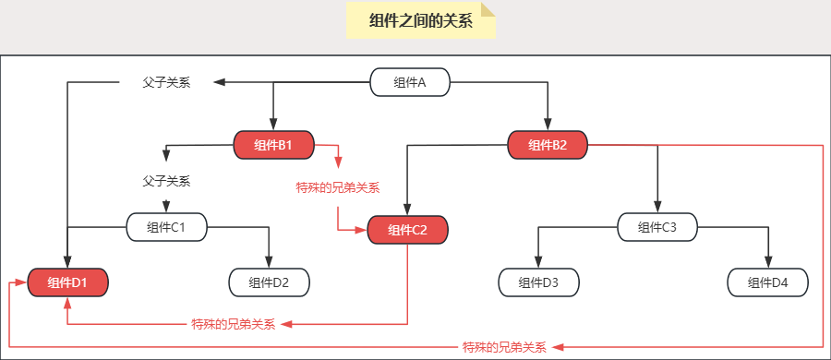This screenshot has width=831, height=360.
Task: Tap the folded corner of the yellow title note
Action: click(x=488, y=9)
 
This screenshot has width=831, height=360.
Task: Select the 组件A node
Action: click(x=410, y=83)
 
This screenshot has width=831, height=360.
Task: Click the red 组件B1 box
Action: click(x=273, y=145)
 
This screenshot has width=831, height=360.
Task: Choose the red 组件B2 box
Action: click(x=548, y=145)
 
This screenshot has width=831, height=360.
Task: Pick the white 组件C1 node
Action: click(x=166, y=226)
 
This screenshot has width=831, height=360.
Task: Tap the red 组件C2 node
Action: click(x=407, y=231)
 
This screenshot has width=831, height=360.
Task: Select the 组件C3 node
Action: click(x=657, y=226)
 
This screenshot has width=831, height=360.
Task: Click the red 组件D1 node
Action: click(x=67, y=282)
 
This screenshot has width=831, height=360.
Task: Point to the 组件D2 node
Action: click(x=269, y=282)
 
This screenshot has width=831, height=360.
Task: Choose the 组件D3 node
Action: click(x=538, y=282)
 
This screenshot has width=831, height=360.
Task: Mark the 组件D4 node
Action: click(x=767, y=282)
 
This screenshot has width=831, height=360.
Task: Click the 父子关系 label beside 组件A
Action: click(x=166, y=83)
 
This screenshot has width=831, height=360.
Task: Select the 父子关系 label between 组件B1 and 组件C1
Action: click(x=166, y=181)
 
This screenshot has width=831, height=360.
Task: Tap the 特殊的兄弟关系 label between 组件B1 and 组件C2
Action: click(x=338, y=187)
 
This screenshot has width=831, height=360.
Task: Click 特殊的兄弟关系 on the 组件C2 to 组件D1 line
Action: click(x=234, y=324)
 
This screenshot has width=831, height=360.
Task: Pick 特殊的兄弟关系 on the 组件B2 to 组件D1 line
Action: click(x=504, y=347)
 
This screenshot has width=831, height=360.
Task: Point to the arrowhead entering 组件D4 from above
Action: click(x=767, y=263)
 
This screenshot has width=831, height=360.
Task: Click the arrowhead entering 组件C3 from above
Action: click(x=657, y=208)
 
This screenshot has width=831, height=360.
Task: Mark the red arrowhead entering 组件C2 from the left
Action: click(x=362, y=231)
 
